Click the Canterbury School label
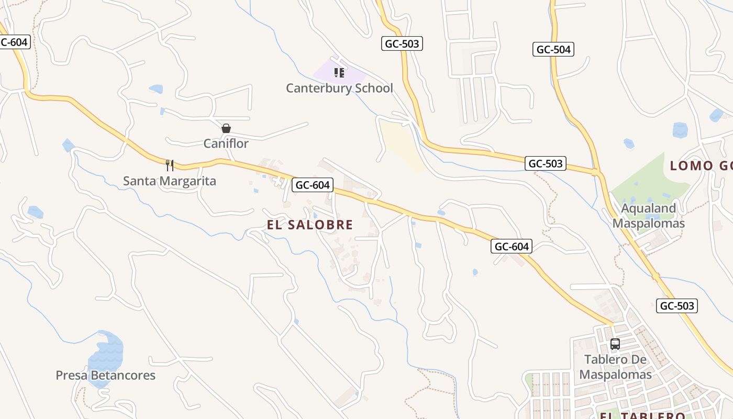click(339, 88)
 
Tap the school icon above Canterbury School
click(339, 72)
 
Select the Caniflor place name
click(226, 144)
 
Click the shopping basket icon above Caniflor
click(226, 128)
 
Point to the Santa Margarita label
click(169, 181)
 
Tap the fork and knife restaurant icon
click(169, 166)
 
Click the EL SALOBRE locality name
click(310, 225)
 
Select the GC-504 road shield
click(553, 49)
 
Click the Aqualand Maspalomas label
click(648, 216)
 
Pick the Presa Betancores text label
click(105, 376)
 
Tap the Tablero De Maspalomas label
click(615, 367)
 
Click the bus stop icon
click(615, 344)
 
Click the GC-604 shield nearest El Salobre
click(313, 184)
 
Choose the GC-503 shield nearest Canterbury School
click(402, 44)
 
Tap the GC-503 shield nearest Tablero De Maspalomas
click(676, 306)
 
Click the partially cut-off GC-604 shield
click(14, 42)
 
